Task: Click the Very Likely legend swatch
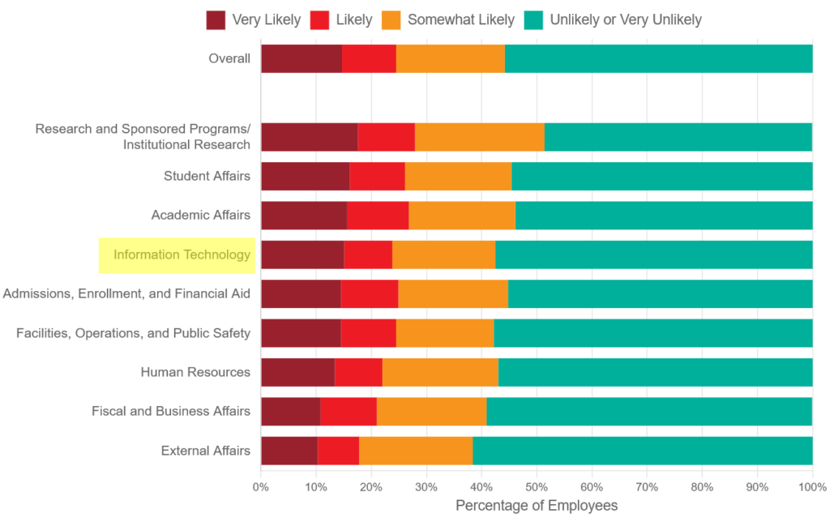point(216,20)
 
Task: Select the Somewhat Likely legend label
point(460,20)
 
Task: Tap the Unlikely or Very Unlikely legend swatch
point(535,20)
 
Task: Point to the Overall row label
point(229,58)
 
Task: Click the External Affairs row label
point(206,450)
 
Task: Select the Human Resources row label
point(195,372)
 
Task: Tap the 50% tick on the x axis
point(536,487)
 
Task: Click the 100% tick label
point(811,487)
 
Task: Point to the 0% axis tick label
point(260,487)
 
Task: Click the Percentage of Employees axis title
point(536,506)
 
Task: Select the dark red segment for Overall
point(301,59)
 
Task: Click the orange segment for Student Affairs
point(458,176)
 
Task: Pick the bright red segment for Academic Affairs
point(378,216)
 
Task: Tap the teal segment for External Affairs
point(642,450)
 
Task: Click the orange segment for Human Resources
point(440,372)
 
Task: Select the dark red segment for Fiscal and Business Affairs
point(290,411)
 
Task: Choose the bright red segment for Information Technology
point(368,255)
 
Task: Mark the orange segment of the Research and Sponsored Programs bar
point(479,137)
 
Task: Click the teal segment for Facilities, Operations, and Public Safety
point(652,333)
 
